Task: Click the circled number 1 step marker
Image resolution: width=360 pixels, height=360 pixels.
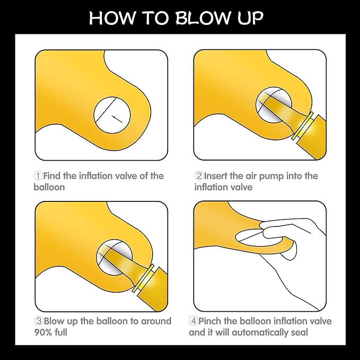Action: [x=38, y=176]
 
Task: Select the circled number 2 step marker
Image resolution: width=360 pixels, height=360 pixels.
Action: [x=199, y=176]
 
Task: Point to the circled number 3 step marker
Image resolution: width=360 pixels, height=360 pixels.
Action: [x=39, y=321]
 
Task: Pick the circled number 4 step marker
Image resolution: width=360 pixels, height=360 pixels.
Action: [x=194, y=321]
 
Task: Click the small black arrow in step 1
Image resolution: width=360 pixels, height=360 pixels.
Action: [x=117, y=119]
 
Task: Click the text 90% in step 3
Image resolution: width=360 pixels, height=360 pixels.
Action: [x=43, y=332]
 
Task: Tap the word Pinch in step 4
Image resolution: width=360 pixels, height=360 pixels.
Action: [x=210, y=321]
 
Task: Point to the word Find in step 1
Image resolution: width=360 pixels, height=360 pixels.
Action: [x=52, y=176]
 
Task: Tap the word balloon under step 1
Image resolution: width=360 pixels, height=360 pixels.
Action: [x=49, y=187]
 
